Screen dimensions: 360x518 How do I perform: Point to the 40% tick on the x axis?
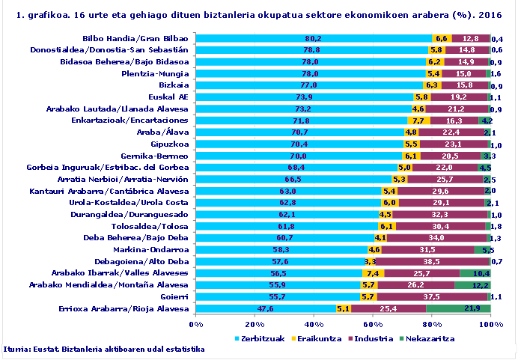coord(314,323)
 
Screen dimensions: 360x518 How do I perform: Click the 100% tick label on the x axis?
coord(490,323)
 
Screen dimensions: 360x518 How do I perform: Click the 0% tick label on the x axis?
coord(196,323)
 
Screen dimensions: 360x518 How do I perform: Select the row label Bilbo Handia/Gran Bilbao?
coord(135,38)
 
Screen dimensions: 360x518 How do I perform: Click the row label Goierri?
coord(173,296)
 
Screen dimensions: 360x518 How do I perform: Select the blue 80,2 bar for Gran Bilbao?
coord(314,38)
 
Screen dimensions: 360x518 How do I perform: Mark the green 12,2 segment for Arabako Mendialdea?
coord(472,284)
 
